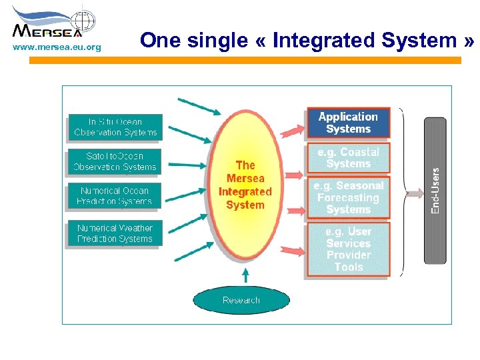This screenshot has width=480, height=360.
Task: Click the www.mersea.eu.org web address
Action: pos(57,47)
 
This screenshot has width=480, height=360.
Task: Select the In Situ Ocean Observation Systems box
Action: pos(115,127)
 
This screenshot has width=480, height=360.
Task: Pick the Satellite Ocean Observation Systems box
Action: pos(115,162)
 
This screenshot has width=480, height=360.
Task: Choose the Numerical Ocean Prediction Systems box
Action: pos(115,195)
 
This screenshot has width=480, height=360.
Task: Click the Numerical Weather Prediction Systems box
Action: pos(115,233)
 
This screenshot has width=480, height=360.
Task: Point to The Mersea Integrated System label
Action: pos(245,185)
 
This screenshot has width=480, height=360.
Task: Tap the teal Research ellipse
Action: pos(241,300)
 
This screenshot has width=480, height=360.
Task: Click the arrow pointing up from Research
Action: pos(245,275)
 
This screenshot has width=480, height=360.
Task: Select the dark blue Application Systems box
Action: pos(348,123)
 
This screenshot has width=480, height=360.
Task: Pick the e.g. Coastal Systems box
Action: pos(348,158)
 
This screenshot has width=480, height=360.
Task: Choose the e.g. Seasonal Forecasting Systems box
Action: pos(348,197)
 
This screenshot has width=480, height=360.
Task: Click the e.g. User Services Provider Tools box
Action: pos(348,249)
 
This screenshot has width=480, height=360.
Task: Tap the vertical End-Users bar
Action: pos(435,190)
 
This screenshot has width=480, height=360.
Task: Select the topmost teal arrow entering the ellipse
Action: pos(194,105)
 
